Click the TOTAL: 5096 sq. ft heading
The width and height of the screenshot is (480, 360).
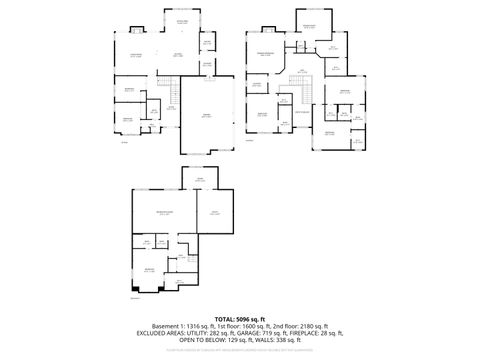click(239, 319)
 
